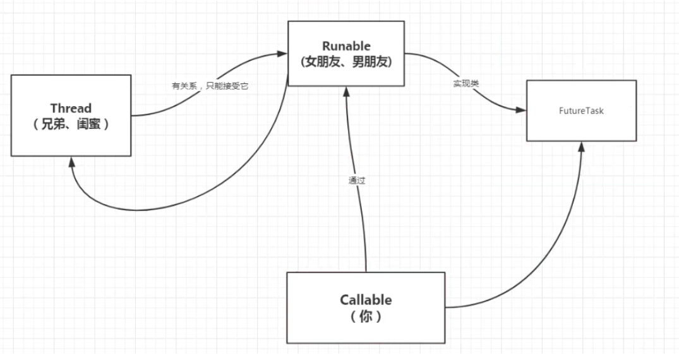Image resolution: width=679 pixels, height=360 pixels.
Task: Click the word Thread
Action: point(71,109)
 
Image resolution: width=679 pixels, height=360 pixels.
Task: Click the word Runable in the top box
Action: point(347,46)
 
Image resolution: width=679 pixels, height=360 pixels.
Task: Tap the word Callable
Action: point(366,299)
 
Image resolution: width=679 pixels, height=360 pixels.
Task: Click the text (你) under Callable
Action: point(366,316)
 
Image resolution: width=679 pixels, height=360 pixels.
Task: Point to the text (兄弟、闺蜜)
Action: point(71,124)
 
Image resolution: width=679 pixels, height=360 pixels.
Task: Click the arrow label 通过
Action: point(357,180)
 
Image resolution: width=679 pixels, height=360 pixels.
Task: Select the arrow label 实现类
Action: point(466,83)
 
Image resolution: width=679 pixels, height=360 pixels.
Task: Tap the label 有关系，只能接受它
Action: point(210,86)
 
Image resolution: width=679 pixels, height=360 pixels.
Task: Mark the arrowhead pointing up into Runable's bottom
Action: point(346,91)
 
